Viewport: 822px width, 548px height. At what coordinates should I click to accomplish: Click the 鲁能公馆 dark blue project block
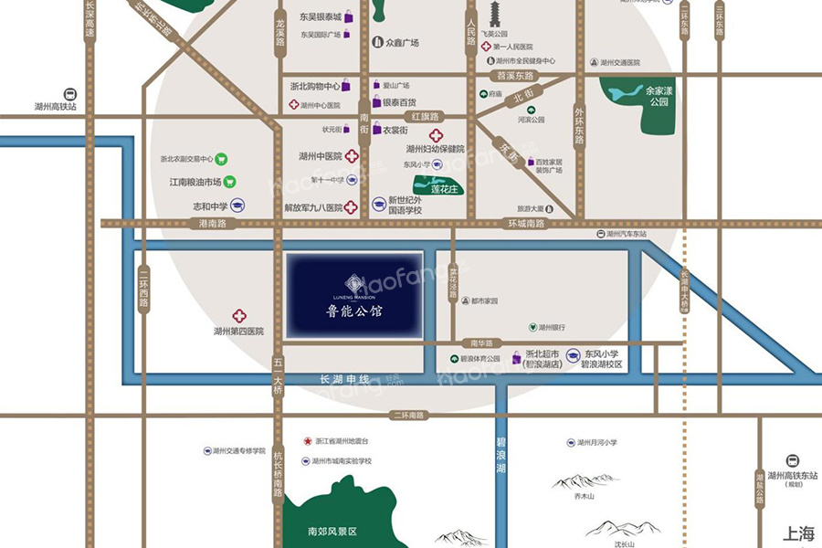click(x=353, y=294)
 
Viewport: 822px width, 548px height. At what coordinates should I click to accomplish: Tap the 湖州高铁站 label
click(x=56, y=107)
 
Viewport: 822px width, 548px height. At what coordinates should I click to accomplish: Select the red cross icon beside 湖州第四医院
click(x=239, y=314)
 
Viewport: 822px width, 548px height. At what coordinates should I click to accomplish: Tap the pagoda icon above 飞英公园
click(x=496, y=14)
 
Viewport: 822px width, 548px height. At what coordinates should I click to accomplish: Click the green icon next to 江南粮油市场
click(x=230, y=182)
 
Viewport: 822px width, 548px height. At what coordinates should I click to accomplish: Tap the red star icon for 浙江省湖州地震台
click(x=309, y=440)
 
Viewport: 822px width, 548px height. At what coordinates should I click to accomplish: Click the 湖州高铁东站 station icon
click(x=792, y=460)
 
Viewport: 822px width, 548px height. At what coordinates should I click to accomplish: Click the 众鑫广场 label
click(x=401, y=42)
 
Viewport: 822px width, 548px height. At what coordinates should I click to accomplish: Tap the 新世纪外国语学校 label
click(x=406, y=205)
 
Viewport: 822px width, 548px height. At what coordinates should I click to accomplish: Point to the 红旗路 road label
click(x=425, y=117)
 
